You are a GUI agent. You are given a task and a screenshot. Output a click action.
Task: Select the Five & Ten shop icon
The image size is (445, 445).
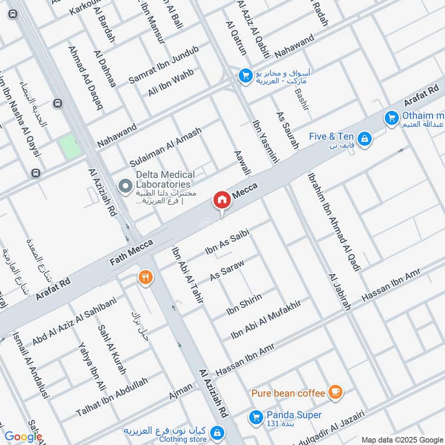tap(364, 137)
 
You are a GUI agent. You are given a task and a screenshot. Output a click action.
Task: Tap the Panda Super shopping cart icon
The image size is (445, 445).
tap(256, 416)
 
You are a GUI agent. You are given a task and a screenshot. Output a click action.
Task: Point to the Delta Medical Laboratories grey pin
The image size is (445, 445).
tap(125, 184)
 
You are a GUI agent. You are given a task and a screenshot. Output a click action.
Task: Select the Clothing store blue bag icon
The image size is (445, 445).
tap(217, 432)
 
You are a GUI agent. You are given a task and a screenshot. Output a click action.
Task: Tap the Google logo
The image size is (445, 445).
tap(23, 437)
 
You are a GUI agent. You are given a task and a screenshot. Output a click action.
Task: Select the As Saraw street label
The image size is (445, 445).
tap(227, 269)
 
